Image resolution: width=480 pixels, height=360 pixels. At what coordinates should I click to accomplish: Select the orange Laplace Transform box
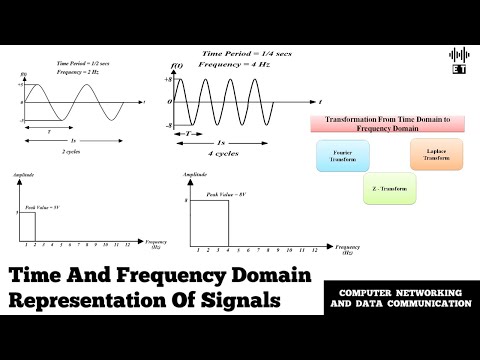coord(435,155)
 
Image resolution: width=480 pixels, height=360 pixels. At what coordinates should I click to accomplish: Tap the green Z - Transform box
coord(384,186)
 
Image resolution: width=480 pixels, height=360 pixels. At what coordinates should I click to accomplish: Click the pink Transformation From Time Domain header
coord(383,123)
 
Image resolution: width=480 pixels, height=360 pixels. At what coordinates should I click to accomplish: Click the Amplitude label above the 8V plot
coord(195,175)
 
